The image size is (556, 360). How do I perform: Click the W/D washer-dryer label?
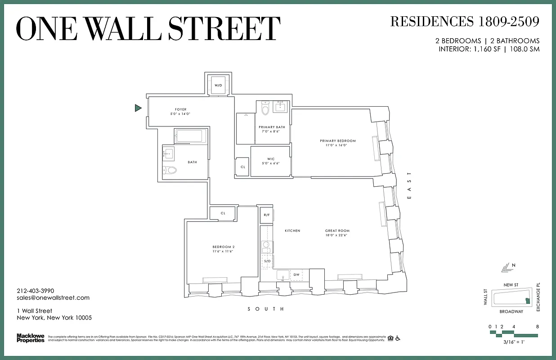(x=218, y=85)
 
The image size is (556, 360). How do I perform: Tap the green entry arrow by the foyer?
(x=138, y=108)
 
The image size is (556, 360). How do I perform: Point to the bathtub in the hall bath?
(x=191, y=136)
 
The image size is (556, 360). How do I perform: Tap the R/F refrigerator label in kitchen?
(x=266, y=215)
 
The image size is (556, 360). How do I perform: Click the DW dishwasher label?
(x=296, y=274)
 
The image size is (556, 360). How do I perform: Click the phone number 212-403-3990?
(x=36, y=291)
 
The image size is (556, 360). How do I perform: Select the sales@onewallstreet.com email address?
(x=53, y=298)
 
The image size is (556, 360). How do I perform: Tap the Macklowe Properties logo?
(x=31, y=338)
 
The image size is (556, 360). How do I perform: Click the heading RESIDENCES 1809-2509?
(x=464, y=21)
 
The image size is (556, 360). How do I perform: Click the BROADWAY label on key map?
(x=511, y=311)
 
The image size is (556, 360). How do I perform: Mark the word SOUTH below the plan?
(x=266, y=309)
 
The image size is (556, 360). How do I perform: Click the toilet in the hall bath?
(x=170, y=170)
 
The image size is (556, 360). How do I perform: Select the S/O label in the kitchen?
(x=267, y=261)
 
